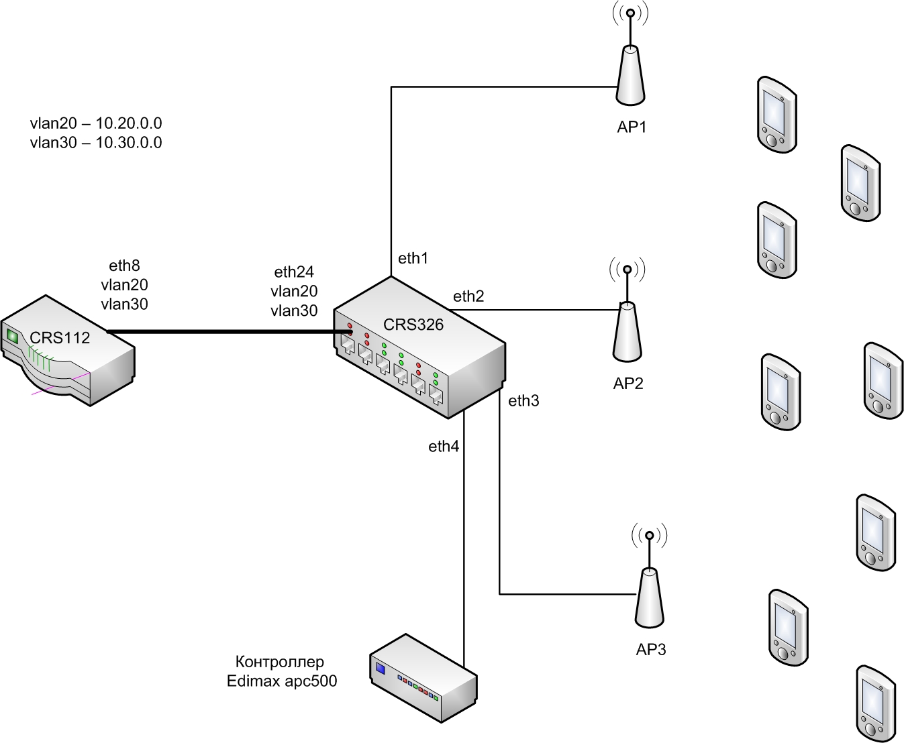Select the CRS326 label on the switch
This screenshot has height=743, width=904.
[413, 325]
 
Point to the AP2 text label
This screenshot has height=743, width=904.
[628, 384]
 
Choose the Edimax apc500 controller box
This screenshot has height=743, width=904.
[423, 678]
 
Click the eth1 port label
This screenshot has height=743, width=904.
[413, 258]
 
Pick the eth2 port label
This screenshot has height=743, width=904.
[468, 296]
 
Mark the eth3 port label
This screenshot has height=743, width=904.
[523, 401]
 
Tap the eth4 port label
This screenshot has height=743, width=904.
[444, 446]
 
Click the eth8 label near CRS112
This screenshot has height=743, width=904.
[124, 266]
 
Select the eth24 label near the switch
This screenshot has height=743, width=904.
[294, 272]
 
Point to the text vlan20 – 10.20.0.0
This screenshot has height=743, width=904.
[96, 123]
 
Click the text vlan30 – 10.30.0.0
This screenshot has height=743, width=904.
[96, 143]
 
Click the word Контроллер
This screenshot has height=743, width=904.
[280, 662]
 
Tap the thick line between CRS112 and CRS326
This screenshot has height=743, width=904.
[230, 331]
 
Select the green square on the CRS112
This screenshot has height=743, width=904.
[13, 336]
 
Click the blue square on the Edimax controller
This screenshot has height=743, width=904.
[381, 668]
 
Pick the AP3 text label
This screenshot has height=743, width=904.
[651, 650]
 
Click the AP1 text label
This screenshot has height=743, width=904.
[632, 127]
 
